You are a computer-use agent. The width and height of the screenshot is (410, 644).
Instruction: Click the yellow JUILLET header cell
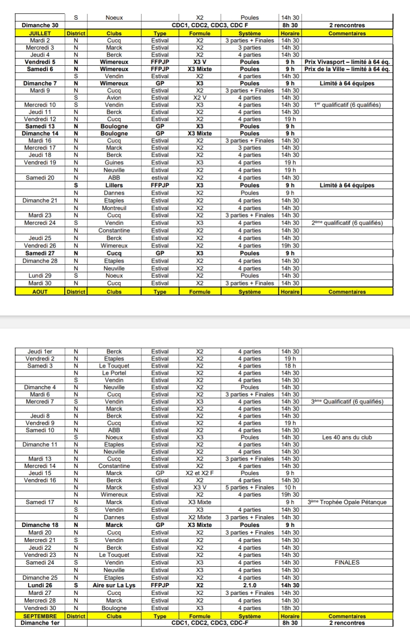pos(40,33)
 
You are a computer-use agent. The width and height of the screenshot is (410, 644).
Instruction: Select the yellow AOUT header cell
pos(40,292)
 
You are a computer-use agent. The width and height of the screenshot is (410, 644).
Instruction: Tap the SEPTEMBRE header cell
pos(40,616)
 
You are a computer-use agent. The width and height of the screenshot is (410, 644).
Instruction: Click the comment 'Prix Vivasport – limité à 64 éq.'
pos(347,62)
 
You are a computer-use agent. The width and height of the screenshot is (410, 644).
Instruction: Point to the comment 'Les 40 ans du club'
pos(347,437)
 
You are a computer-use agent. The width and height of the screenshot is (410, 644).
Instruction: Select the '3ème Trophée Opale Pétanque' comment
pos(347,502)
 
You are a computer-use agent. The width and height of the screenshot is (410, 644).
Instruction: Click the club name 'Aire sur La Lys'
pos(114,585)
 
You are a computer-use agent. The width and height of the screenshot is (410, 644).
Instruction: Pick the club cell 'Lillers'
pos(114,185)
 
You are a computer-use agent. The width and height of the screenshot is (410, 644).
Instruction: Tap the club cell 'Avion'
pos(114,98)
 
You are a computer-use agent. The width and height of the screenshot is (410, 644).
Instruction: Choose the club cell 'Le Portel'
pos(114,373)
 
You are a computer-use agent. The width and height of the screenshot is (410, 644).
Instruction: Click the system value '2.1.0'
pos(249,585)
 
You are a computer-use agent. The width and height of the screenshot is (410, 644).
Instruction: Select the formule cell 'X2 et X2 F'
pos(199,473)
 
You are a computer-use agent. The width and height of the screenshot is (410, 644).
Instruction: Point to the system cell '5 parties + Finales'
pos(249,487)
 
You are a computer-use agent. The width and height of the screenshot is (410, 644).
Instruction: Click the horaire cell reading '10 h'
pos(290,487)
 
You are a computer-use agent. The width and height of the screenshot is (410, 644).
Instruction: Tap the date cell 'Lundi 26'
pos(40,585)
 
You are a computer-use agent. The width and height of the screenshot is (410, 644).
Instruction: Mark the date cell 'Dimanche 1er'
pos(40,623)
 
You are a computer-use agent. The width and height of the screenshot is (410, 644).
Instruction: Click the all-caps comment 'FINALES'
pos(347,562)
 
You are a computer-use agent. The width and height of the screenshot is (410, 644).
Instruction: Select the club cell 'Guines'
pos(114,163)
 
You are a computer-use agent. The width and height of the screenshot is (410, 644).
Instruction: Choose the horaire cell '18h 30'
pos(290,608)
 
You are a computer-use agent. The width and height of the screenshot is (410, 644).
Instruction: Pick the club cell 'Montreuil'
pos(114,208)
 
